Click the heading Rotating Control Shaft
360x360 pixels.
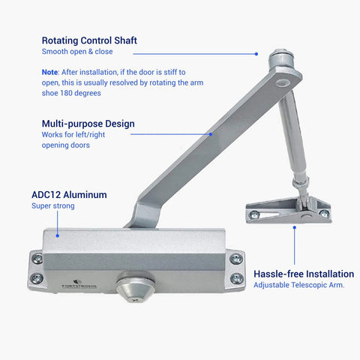point(88,40)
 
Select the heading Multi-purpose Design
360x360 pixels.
point(88,123)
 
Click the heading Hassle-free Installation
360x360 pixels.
point(303,274)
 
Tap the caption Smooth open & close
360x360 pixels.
point(77,52)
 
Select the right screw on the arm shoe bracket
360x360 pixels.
point(323,214)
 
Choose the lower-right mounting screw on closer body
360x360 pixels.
point(237,278)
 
